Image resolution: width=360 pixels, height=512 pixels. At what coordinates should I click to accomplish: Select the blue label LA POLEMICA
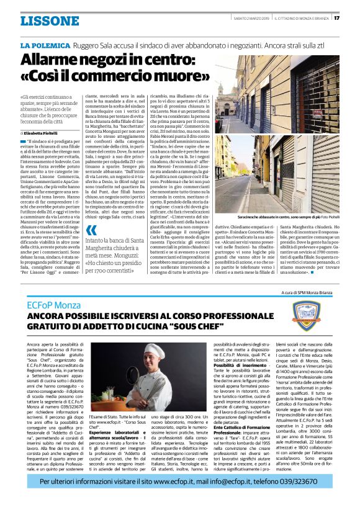click(45, 46)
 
